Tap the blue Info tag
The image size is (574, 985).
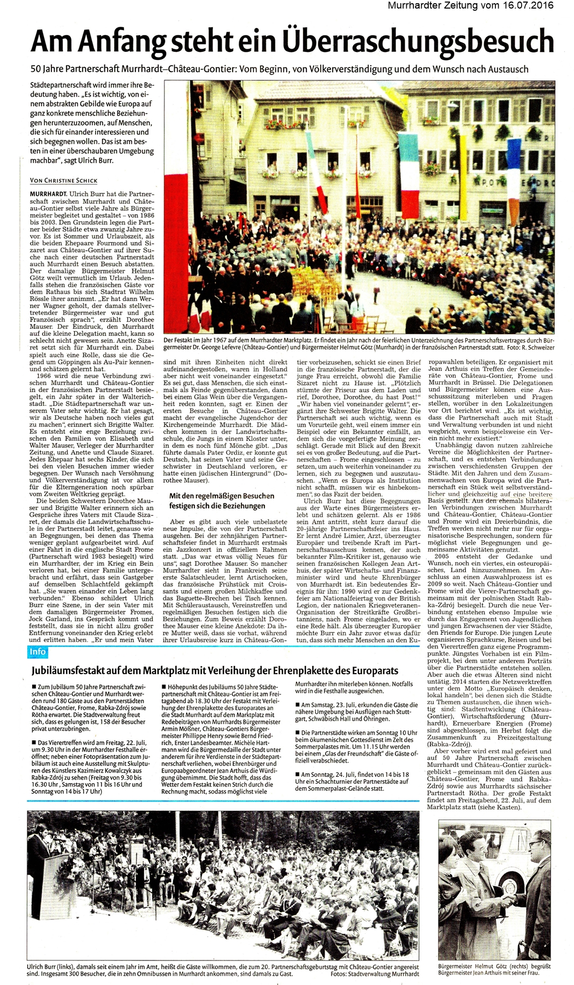click(x=38, y=652)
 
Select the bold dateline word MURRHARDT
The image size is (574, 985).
click(x=49, y=194)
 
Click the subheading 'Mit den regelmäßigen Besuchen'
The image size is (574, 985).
click(x=222, y=496)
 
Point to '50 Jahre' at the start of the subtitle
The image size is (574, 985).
click(x=46, y=69)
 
